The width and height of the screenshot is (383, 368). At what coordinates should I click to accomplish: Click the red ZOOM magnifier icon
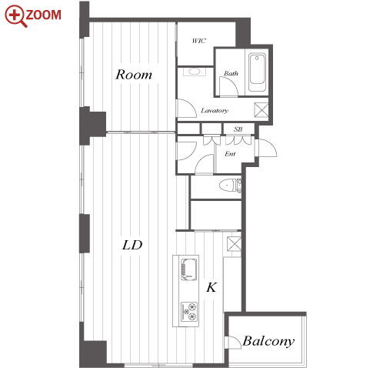pos(15,15)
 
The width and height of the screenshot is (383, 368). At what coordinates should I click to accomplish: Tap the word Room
pos(134,75)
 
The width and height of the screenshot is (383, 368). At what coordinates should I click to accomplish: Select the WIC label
pos(199,41)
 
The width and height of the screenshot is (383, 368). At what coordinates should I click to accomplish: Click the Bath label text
pos(231,73)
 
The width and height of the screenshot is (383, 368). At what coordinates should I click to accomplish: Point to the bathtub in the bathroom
pos(257,72)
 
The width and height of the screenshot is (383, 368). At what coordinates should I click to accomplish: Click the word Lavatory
pos(215,110)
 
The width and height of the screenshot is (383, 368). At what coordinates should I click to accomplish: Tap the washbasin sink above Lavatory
pos(195,72)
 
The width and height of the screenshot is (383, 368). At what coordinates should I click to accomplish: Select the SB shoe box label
pos(238,129)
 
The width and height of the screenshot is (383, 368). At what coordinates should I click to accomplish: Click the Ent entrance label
pos(230,154)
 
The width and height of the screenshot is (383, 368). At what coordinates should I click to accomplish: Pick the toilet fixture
pos(230,186)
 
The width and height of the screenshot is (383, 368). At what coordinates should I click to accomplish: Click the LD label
pos(132,245)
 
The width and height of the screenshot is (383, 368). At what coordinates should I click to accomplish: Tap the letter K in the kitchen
pos(211,287)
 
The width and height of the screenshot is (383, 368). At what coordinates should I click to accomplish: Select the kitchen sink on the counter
pos(189,269)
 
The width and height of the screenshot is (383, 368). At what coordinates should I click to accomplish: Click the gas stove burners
pos(189,312)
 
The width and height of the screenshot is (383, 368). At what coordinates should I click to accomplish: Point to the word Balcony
pos(268,341)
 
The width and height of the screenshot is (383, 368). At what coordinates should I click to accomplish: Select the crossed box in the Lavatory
pos(261,110)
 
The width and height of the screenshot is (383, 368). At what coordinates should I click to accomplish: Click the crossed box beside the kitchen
pos(234,243)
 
